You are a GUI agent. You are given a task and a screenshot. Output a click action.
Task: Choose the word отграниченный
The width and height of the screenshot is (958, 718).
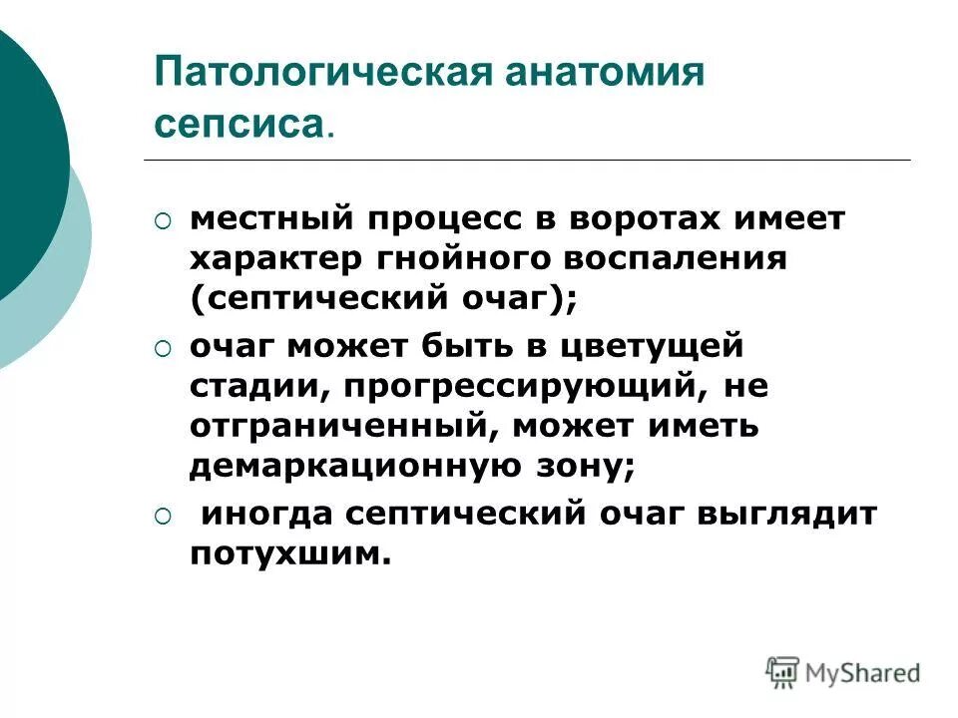pos(345,427)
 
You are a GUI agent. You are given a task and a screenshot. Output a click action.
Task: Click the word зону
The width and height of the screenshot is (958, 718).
pos(593,467)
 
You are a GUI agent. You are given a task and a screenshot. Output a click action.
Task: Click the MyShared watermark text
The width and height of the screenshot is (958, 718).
pos(863,672)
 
